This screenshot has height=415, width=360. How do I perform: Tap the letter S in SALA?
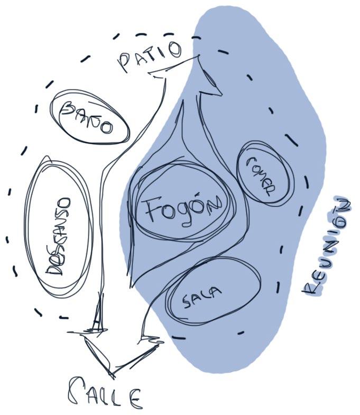point(188,301)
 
